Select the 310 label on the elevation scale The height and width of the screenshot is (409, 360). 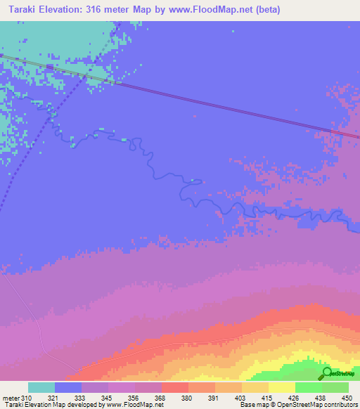click(27, 398)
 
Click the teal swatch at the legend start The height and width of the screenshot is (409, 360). click(41, 387)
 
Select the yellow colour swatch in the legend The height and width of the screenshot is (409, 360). click(281, 387)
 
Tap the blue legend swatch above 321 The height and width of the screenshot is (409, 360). click(68, 387)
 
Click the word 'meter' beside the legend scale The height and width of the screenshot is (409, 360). click(11, 398)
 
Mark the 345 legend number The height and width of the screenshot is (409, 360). click(109, 398)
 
